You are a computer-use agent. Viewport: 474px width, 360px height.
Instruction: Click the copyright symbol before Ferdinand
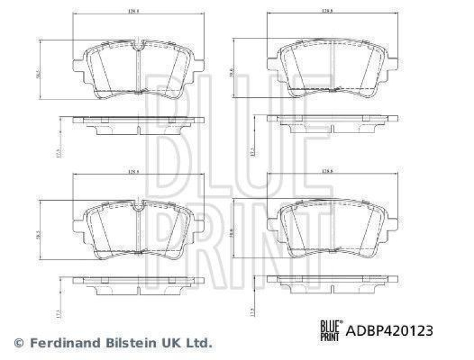click(19, 342)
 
